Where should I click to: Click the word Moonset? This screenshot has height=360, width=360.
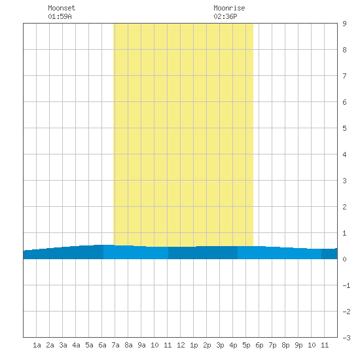[x=62, y=8]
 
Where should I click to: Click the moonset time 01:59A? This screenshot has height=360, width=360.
[x=60, y=16]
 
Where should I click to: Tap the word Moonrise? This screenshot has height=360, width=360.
[x=229, y=8]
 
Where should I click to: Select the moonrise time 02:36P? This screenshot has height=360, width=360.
[x=225, y=16]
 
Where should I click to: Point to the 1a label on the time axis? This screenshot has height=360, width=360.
[x=37, y=345]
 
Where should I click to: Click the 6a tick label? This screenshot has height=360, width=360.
[x=102, y=345]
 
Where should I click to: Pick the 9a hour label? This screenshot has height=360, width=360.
[x=141, y=345]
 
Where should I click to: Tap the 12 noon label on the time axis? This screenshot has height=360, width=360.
[x=181, y=345]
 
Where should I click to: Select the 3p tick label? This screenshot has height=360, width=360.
[x=220, y=345]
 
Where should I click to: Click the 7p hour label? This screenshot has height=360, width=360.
[x=272, y=345]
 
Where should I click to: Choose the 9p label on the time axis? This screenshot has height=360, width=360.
[x=298, y=345]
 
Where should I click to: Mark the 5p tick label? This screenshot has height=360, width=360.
[x=246, y=345]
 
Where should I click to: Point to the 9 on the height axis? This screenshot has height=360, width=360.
[x=344, y=24]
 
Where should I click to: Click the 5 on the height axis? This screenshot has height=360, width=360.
[x=344, y=128]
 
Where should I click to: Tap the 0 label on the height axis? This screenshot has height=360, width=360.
[x=344, y=259]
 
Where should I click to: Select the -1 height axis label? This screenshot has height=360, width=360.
[x=346, y=285]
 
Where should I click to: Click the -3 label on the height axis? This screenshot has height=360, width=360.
[x=346, y=338]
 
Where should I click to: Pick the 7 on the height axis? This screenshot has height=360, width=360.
[x=344, y=76]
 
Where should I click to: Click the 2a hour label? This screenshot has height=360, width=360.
[x=50, y=345]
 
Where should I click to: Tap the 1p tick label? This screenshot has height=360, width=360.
[x=194, y=345]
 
